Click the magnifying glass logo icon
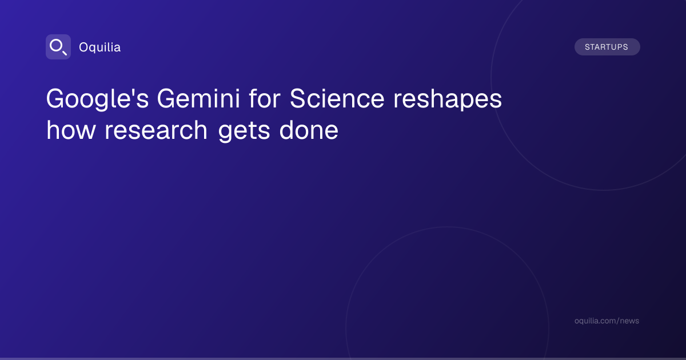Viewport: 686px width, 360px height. click(58, 47)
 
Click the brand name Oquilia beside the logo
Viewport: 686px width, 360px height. click(100, 47)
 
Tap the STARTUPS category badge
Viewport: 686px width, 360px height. click(607, 47)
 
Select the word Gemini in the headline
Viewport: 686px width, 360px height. click(198, 98)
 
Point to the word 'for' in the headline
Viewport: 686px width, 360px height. click(265, 98)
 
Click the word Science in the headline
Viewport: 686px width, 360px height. click(337, 98)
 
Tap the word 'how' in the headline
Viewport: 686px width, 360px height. click(71, 130)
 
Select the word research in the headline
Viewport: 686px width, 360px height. click(156, 130)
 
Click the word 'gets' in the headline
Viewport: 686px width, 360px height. click(244, 131)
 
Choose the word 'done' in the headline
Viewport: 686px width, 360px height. click(309, 130)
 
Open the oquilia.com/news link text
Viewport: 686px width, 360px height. click(607, 321)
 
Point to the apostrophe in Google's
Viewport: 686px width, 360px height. click(133, 92)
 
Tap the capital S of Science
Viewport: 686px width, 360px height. click(298, 98)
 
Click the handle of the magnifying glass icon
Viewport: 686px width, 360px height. click(64, 53)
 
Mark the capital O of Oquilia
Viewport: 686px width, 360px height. click(84, 47)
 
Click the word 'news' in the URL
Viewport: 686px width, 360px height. click(629, 321)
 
